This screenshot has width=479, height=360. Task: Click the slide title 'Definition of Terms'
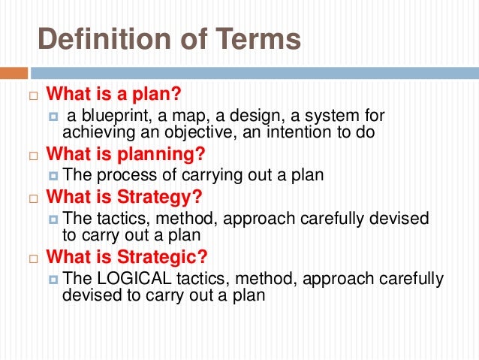click(169, 39)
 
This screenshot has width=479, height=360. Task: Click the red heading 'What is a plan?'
click(114, 95)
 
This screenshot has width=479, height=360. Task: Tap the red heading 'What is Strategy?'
click(125, 198)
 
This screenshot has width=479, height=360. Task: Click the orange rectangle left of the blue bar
click(14, 74)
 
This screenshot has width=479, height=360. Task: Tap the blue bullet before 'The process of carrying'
click(53, 176)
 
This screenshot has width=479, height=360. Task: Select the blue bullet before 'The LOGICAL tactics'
click(53, 279)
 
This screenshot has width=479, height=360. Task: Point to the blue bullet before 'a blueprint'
click(53, 116)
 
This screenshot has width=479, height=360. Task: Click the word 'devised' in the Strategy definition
click(402, 219)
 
